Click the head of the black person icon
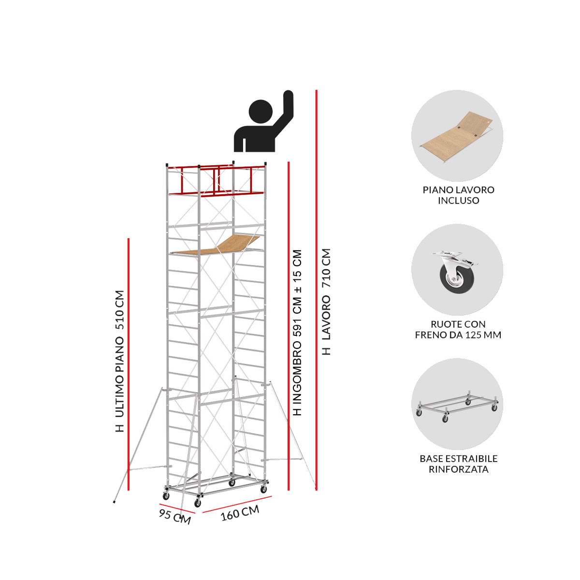pyautogui.click(x=261, y=111)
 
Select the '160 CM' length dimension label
pyautogui.click(x=240, y=513)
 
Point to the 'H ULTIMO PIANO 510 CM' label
pyautogui.click(x=119, y=361)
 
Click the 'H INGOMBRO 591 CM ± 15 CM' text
pyautogui.click(x=297, y=333)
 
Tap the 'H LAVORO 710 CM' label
pyautogui.click(x=326, y=302)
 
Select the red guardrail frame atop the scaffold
pyautogui.click(x=216, y=180)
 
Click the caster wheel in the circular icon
pyautogui.click(x=456, y=272)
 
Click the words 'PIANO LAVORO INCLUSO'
pyautogui.click(x=458, y=195)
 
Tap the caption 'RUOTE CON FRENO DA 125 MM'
pyautogui.click(x=458, y=329)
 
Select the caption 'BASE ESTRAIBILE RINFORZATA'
pyautogui.click(x=458, y=464)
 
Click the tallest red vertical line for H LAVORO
pyautogui.click(x=316, y=290)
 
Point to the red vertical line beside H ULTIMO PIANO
pyautogui.click(x=129, y=364)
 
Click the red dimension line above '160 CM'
pyautogui.click(x=237, y=504)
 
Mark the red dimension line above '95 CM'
pyautogui.click(x=177, y=508)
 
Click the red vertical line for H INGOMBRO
pyautogui.click(x=289, y=326)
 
